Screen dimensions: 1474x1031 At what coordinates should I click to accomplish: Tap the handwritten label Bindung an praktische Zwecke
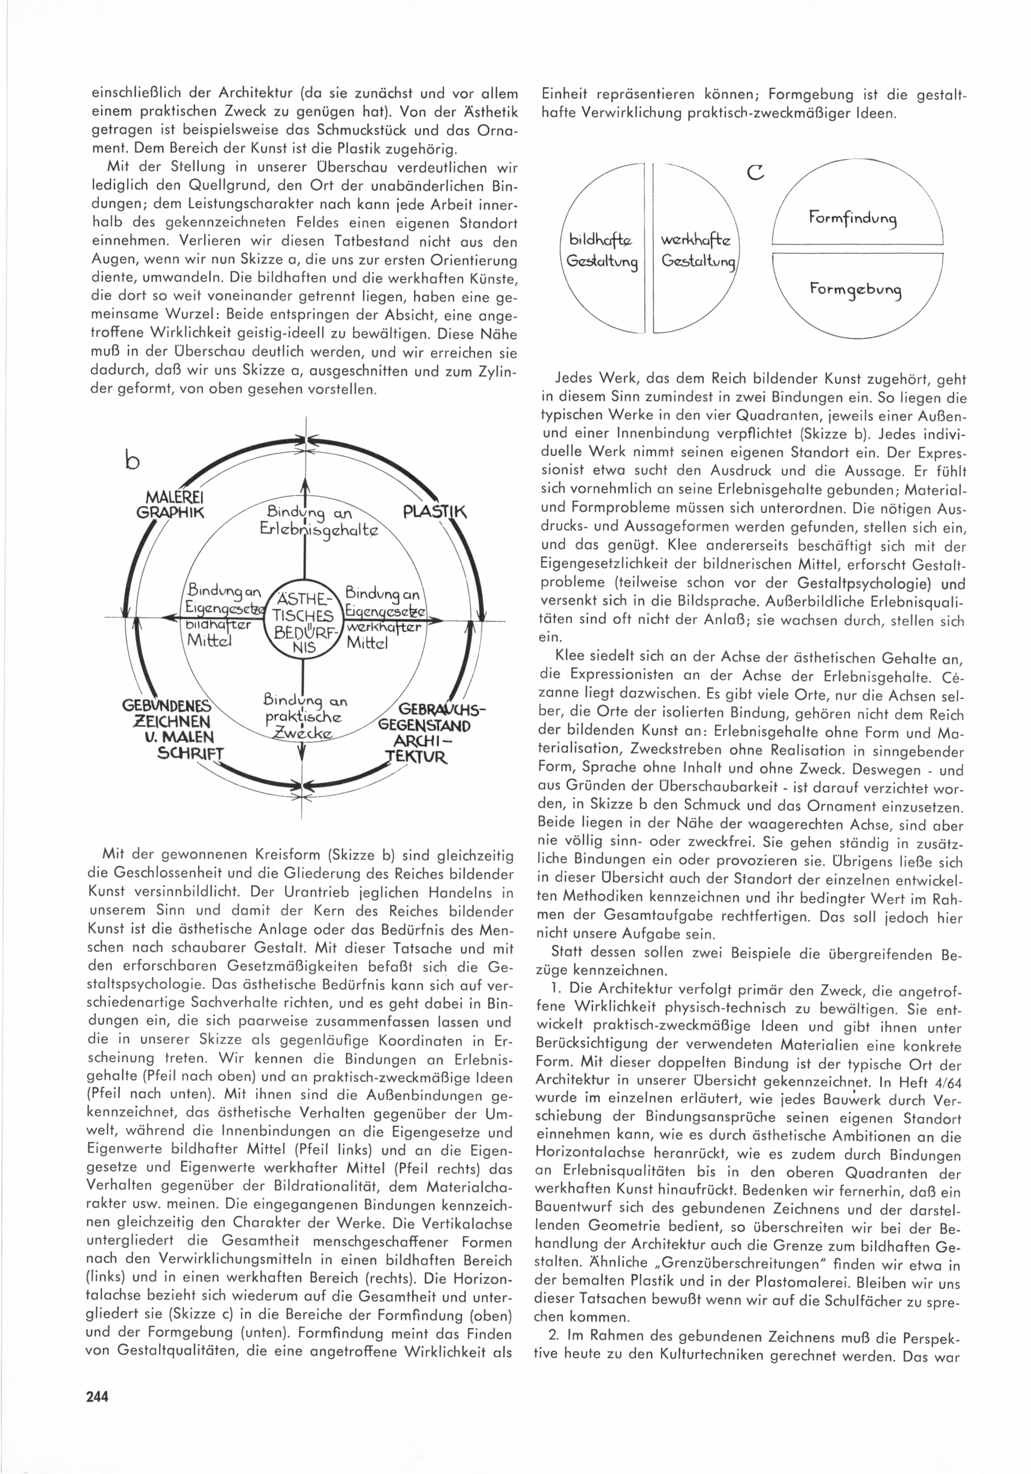pyautogui.click(x=304, y=716)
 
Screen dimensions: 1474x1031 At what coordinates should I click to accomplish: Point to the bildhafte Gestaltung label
pyautogui.click(x=601, y=251)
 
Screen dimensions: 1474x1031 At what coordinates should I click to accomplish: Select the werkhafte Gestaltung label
pyautogui.click(x=697, y=251)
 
